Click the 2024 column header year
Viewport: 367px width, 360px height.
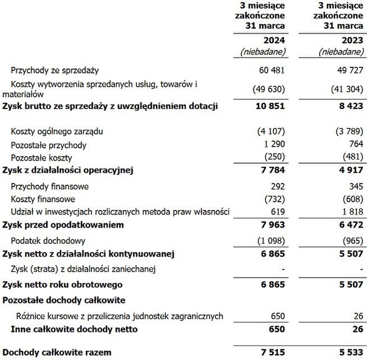click(x=275, y=40)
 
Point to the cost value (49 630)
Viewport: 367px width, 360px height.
click(x=271, y=89)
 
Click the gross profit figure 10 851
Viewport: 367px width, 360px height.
click(x=272, y=106)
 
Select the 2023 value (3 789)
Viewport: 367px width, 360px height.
click(x=348, y=131)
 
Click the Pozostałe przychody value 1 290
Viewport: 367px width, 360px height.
click(x=275, y=144)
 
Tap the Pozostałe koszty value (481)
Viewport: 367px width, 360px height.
click(x=351, y=156)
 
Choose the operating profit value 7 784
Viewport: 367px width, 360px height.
click(x=274, y=170)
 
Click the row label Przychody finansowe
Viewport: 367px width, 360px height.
click(x=50, y=186)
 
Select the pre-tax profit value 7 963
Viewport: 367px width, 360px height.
click(x=274, y=225)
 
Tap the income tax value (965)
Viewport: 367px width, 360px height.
click(x=351, y=241)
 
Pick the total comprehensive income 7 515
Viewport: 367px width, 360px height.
click(x=274, y=352)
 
